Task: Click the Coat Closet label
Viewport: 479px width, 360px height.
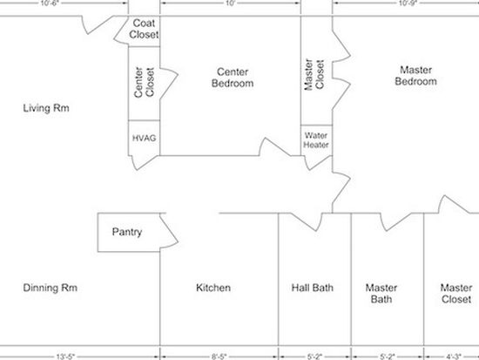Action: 144,29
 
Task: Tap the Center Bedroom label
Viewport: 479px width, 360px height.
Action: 233,78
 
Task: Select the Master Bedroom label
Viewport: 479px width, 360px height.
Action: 415,76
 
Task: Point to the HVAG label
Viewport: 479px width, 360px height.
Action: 145,139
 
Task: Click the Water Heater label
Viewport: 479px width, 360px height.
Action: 316,140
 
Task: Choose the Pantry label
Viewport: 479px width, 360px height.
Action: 127,232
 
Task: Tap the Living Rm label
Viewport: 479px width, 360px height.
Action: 46,108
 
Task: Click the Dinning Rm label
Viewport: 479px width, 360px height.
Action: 51,288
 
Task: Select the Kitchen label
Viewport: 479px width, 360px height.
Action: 213,288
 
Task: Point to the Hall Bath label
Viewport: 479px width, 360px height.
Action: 312,288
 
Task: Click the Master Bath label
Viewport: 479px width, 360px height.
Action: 381,294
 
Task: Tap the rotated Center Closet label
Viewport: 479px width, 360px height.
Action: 145,83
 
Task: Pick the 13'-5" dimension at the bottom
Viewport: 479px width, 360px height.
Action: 65,357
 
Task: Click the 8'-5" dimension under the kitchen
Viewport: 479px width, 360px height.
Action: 219,357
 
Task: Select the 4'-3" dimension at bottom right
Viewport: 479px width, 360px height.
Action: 454,357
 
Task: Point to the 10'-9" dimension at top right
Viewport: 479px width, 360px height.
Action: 408,3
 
